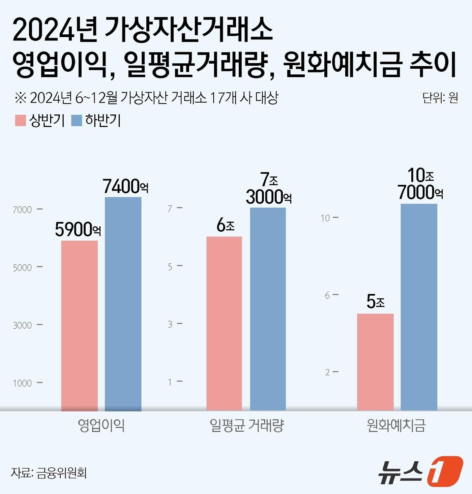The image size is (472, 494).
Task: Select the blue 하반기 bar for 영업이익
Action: click(123, 304)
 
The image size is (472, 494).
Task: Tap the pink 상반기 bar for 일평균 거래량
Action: click(224, 323)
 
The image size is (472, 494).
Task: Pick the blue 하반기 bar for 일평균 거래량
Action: click(268, 309)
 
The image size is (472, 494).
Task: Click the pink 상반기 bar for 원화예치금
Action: click(375, 362)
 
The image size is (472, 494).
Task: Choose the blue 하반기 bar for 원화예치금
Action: click(419, 307)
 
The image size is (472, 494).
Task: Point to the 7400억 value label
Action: click(125, 186)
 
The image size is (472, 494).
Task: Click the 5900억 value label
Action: click(78, 230)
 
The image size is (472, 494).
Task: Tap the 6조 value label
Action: click(226, 225)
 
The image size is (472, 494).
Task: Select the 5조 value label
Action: click(376, 301)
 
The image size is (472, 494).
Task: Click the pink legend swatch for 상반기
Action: click(21, 121)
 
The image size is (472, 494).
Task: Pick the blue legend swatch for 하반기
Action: click(77, 121)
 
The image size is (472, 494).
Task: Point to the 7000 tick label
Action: click(22, 210)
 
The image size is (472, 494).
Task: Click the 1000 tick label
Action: click(22, 383)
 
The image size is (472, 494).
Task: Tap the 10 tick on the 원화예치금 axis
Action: click(325, 218)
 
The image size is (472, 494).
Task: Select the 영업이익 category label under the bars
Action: click(101, 425)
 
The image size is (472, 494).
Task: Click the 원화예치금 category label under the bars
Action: click(396, 425)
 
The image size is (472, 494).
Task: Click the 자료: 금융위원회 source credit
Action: click(49, 473)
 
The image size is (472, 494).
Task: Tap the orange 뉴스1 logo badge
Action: click(445, 471)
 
